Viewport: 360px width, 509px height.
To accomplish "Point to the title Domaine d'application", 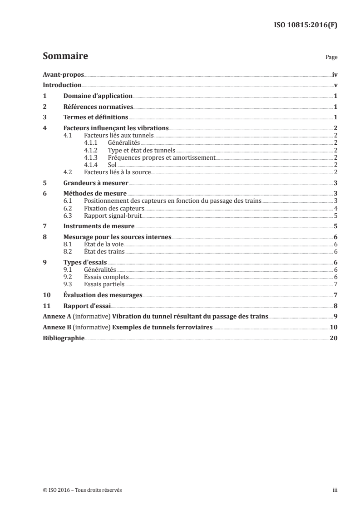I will [x=98, y=96].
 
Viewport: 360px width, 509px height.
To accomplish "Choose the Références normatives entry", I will [x=98, y=107].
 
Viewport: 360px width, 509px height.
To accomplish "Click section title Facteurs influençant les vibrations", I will [x=116, y=128].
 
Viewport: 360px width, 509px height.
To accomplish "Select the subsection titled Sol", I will [x=112, y=165].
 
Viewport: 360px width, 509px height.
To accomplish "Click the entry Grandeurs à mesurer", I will [x=96, y=183].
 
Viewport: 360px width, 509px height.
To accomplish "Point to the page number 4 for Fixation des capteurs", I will [x=335, y=208].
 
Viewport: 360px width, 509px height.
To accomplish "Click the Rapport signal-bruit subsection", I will [x=109, y=215].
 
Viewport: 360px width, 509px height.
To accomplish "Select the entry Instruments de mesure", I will [x=99, y=226].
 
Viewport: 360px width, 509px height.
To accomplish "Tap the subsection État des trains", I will [x=104, y=251].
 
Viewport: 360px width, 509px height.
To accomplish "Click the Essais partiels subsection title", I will [x=104, y=284].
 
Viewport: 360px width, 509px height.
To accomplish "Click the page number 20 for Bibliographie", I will [x=333, y=338].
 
